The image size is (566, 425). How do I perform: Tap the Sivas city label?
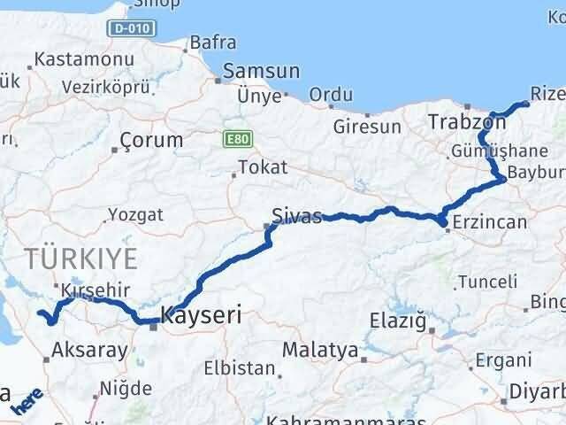click(296, 215)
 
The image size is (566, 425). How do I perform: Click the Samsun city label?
click(262, 71)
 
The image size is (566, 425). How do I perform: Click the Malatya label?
click(319, 350)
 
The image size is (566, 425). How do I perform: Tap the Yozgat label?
click(135, 213)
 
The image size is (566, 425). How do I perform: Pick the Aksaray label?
click(90, 350)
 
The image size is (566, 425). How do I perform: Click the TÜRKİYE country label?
click(80, 259)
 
